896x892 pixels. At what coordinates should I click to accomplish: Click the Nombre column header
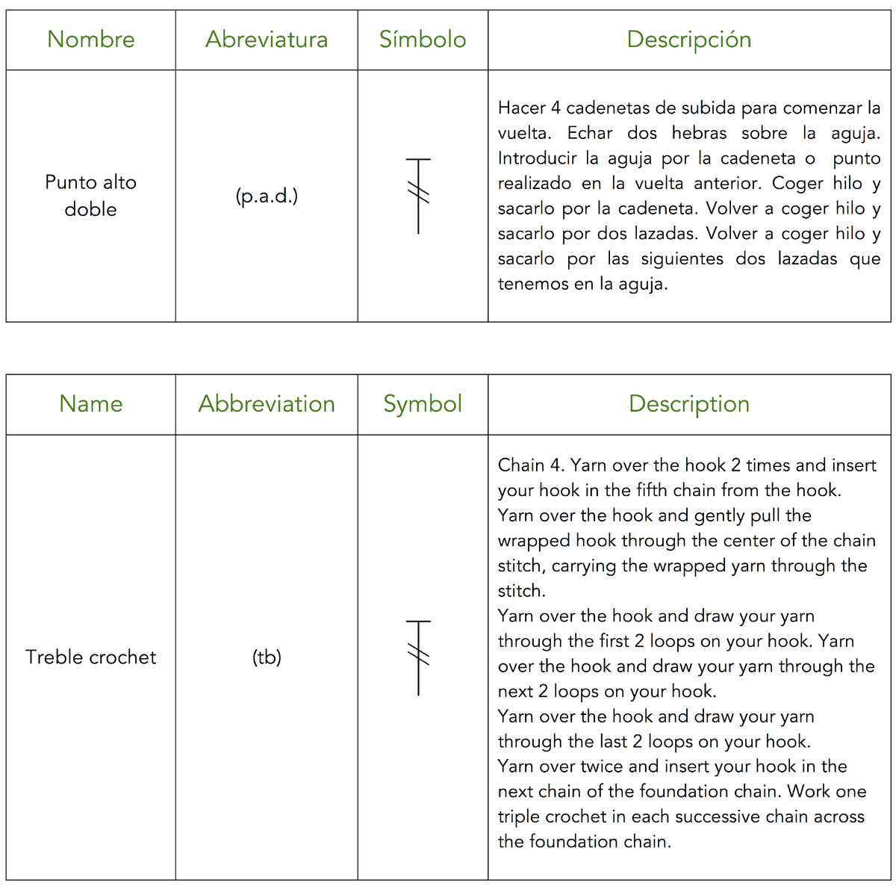[x=91, y=40]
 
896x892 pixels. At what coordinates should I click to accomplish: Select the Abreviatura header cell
[x=267, y=40]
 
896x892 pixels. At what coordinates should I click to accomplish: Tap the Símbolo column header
[x=423, y=40]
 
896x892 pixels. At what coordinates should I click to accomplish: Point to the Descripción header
[x=689, y=40]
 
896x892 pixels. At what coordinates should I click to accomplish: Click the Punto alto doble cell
[x=91, y=196]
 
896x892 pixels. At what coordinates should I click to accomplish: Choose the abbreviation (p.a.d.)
[x=267, y=196]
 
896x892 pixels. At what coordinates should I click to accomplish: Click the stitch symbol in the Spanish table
[x=419, y=196]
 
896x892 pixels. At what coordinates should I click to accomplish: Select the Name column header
[x=91, y=404]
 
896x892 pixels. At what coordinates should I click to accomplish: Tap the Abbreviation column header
[x=267, y=404]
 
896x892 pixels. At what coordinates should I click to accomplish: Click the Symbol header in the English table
[x=423, y=404]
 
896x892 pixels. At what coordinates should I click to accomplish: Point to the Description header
[x=689, y=404]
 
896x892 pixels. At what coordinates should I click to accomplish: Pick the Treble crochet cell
[x=91, y=657]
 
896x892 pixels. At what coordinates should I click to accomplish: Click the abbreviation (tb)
[x=267, y=657]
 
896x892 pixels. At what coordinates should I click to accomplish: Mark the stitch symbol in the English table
[x=419, y=657]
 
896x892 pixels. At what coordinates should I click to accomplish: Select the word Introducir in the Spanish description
[x=537, y=158]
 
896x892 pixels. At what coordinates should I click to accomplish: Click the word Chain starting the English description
[x=521, y=465]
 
